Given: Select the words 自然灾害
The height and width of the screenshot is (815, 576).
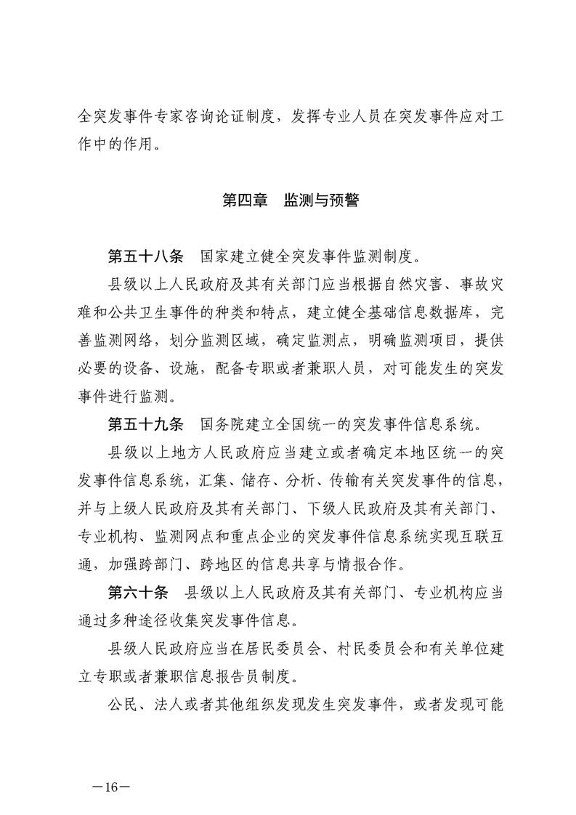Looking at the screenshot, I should (419, 285).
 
